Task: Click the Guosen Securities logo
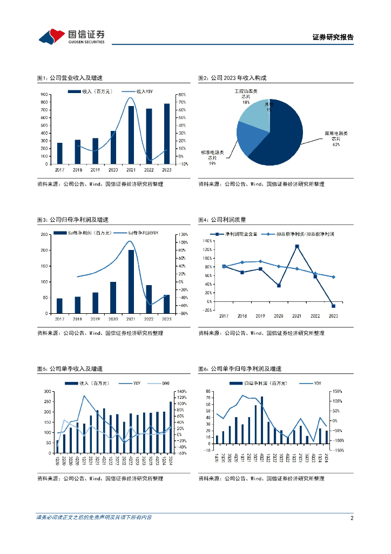(x=71, y=36)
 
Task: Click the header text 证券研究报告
(x=333, y=38)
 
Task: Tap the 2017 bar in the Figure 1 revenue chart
(x=59, y=153)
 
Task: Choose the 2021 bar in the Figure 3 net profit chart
(x=131, y=281)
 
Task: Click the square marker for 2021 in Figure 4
(x=297, y=246)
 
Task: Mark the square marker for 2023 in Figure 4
(x=333, y=306)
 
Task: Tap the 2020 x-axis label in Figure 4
(x=279, y=315)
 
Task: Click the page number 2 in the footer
(x=352, y=518)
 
